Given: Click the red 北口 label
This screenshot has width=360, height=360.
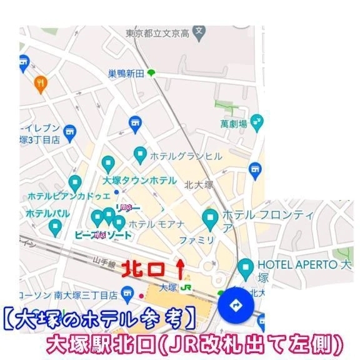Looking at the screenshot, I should tap(143, 269).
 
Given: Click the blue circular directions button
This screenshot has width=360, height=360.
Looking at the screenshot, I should tap(236, 306).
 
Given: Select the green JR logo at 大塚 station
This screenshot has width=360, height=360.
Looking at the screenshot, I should tap(186, 287).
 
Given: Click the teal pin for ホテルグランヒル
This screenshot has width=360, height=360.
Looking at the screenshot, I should tap(140, 154).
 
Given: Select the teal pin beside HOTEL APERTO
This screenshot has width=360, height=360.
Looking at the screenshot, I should tap(246, 267).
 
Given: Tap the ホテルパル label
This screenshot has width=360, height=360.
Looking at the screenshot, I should tap(47, 213).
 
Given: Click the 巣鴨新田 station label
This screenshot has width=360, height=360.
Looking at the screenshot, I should tap(126, 74).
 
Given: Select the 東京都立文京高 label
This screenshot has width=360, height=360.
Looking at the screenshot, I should tap(158, 32).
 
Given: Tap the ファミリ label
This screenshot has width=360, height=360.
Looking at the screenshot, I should tap(197, 239).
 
